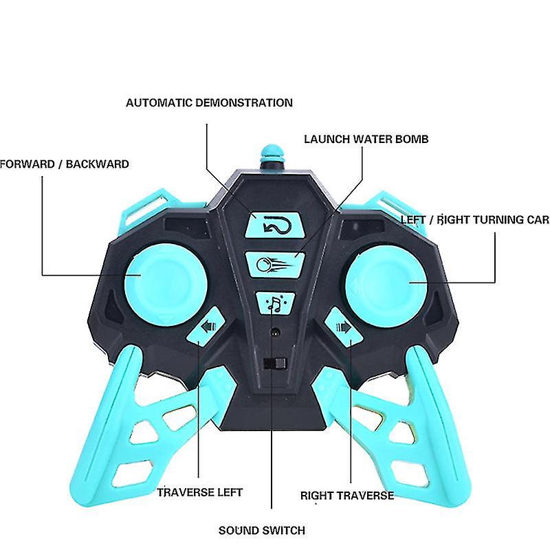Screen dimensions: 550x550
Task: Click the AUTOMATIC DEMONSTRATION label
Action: [x=209, y=103]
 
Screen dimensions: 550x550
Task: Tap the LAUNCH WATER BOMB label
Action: [x=366, y=139]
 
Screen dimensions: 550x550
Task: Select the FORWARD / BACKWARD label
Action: [x=64, y=164]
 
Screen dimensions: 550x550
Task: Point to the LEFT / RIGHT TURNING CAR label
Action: [x=474, y=220]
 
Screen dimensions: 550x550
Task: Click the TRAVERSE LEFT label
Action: [x=199, y=492]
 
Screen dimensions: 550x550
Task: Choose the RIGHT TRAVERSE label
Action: [x=347, y=495]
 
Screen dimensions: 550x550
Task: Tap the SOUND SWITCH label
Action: [x=262, y=530]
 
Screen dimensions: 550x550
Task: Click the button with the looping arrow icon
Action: [x=274, y=224]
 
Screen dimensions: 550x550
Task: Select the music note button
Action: [x=275, y=302]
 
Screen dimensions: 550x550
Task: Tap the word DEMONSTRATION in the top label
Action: [x=244, y=103]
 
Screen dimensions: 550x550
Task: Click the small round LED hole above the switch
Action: [x=275, y=332]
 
